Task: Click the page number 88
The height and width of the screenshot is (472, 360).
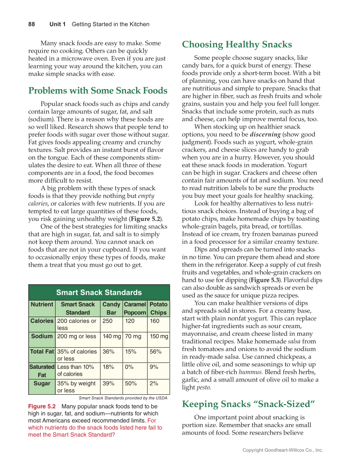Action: [32, 24]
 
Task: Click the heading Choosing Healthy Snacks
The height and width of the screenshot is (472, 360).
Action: [237, 45]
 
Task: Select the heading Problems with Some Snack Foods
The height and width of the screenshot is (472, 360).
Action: [98, 90]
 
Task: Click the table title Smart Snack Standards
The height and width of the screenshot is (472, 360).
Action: [99, 292]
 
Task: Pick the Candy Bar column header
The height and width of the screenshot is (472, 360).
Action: [112, 308]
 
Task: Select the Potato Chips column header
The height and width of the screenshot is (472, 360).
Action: [159, 308]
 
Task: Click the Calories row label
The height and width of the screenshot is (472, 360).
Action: [42, 321]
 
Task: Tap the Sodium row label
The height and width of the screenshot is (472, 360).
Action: [42, 336]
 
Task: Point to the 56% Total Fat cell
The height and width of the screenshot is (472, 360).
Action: [155, 351]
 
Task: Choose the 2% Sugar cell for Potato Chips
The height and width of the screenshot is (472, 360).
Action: [154, 383]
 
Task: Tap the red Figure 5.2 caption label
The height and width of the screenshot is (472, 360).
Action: [42, 406]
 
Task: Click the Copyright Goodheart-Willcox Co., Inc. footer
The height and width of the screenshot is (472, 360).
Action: [282, 450]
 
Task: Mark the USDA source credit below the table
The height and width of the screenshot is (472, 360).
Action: [123, 398]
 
